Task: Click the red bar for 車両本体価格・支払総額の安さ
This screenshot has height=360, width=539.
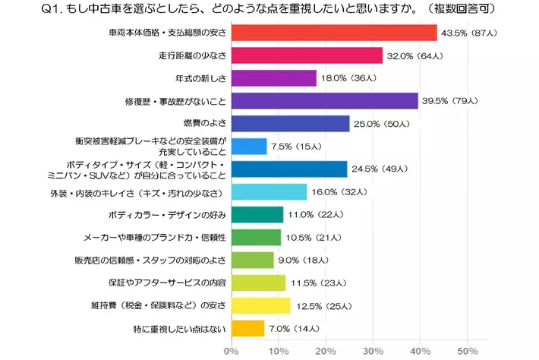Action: click(333, 33)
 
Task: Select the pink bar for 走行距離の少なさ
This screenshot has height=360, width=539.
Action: click(306, 55)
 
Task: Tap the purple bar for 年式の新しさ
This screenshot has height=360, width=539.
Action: click(273, 78)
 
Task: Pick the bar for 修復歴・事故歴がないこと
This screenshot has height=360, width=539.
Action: click(324, 101)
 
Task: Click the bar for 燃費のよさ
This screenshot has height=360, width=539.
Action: click(290, 124)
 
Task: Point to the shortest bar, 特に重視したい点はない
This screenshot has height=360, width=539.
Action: click(247, 329)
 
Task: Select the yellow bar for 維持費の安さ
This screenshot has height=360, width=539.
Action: click(260, 306)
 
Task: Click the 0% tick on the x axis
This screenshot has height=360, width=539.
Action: click(232, 351)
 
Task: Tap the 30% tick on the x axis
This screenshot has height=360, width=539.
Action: click(373, 351)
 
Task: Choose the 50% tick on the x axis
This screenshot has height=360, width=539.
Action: click(467, 351)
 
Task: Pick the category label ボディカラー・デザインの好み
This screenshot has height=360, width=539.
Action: click(168, 215)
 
